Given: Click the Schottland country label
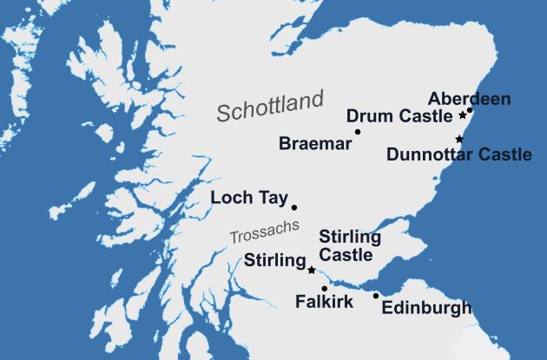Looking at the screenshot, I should point(269,107).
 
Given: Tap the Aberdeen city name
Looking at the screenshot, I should point(470,97).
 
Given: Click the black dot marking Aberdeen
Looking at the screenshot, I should point(470,110).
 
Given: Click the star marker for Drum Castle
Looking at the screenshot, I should point(462,115).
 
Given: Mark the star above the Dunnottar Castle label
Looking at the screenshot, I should point(459,140).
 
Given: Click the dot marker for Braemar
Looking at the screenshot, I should point(358,132).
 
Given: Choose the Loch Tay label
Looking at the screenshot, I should point(249,199).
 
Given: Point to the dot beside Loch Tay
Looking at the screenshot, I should point(294,207).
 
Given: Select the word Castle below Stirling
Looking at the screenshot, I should point(346,255).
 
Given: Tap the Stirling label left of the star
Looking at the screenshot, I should point(274,260).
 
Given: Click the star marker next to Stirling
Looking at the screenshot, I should point(311,271).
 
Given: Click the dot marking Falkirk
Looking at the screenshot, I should point(324,289).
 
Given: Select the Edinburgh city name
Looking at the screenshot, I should point(427,308).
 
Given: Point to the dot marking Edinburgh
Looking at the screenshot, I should point(376,296).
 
